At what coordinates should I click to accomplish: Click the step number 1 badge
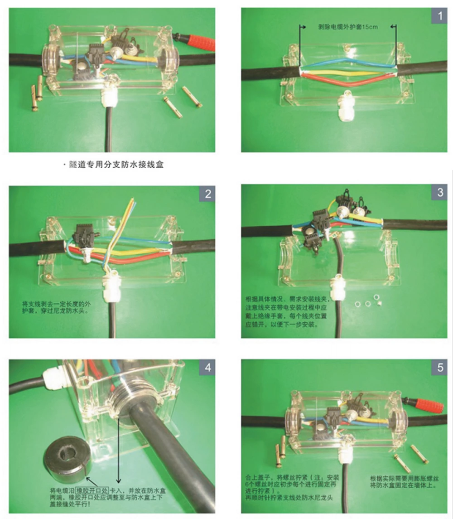(439, 17)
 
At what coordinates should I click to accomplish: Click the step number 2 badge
(207, 194)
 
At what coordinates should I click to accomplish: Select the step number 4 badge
(207, 368)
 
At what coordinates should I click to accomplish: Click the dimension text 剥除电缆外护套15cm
(347, 27)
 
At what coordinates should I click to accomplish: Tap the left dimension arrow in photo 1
(300, 27)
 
